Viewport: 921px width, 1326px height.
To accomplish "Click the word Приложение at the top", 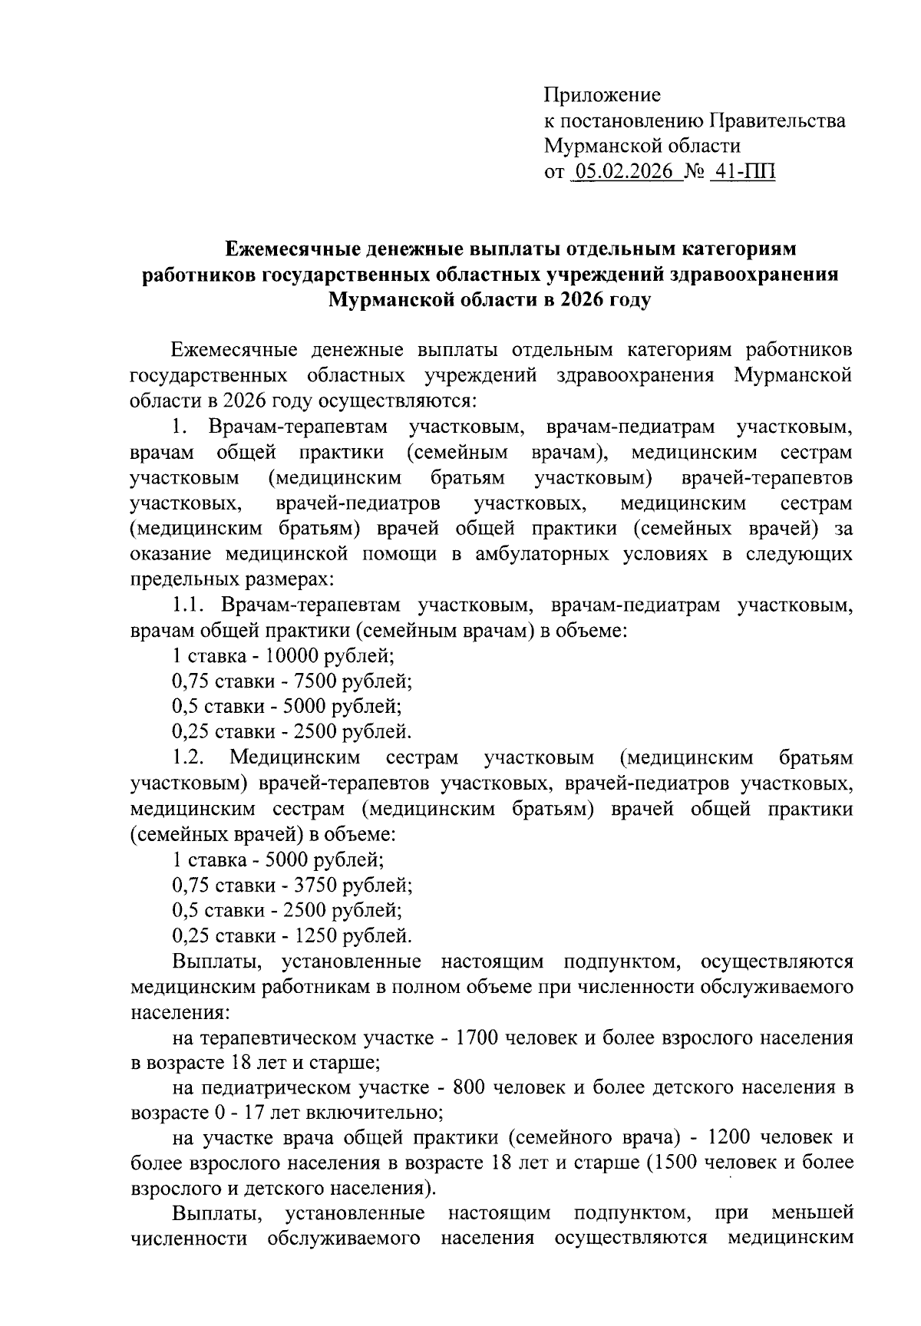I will [x=602, y=96].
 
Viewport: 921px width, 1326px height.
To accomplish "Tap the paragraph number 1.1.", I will [x=187, y=605].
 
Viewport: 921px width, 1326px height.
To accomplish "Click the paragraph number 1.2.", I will [x=188, y=757].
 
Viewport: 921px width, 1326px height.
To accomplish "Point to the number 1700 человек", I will [x=478, y=1038].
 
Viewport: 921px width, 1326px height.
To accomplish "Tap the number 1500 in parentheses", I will [x=674, y=1162].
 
